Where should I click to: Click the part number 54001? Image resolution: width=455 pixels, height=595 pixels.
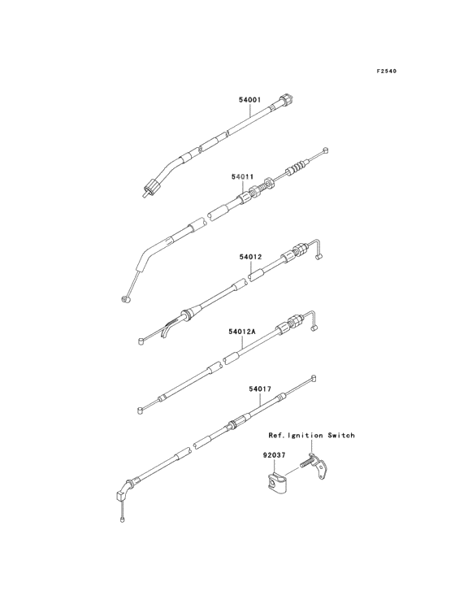[x=249, y=100]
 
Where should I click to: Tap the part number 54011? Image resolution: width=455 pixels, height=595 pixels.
[x=243, y=176]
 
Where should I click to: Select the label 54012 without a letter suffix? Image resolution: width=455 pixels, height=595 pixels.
[x=250, y=257]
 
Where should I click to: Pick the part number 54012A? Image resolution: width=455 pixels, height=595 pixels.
[x=242, y=332]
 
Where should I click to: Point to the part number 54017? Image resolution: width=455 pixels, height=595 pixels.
[x=260, y=389]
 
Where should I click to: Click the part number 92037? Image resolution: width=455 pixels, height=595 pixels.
[x=273, y=454]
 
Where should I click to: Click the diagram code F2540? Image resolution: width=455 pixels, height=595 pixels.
[x=387, y=71]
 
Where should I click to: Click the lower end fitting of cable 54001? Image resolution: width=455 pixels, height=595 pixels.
[x=149, y=188]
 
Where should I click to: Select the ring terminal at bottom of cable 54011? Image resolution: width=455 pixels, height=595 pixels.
[x=125, y=299]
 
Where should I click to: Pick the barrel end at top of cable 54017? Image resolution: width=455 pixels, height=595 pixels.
[x=313, y=378]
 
